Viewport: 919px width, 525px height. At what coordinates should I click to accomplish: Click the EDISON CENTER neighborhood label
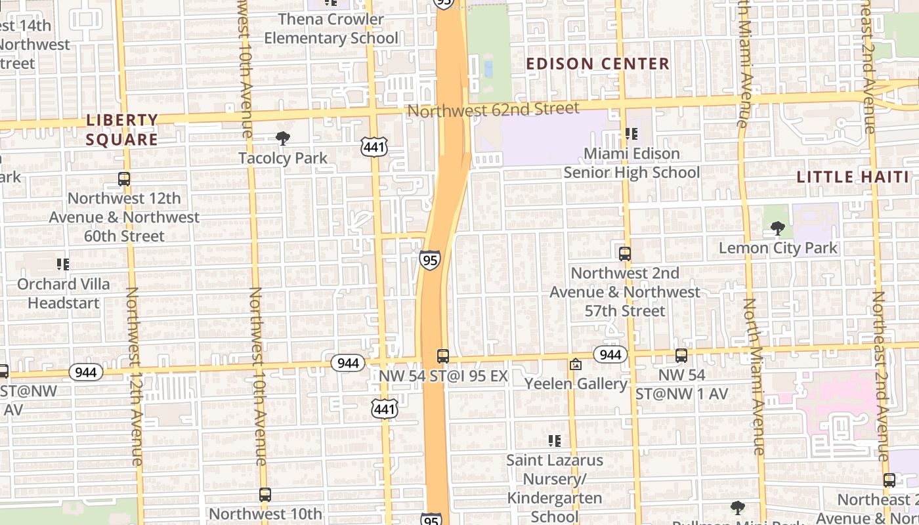tap(597, 64)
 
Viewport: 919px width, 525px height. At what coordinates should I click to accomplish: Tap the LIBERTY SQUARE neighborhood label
tap(122, 130)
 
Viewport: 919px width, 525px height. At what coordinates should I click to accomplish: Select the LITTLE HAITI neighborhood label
tap(853, 177)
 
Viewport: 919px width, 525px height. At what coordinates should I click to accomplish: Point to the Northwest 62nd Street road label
tap(494, 109)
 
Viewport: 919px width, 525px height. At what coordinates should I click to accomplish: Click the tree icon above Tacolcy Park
tap(283, 138)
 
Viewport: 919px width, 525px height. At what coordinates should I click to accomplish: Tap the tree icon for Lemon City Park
tap(778, 229)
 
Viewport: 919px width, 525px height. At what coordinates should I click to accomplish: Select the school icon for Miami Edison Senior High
tap(631, 135)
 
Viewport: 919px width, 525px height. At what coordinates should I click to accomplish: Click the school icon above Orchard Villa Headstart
tap(63, 264)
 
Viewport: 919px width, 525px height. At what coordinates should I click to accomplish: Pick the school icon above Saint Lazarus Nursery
tap(555, 441)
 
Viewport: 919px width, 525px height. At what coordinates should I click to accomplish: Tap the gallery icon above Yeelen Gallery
tap(576, 364)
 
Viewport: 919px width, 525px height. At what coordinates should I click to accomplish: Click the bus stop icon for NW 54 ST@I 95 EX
tap(443, 356)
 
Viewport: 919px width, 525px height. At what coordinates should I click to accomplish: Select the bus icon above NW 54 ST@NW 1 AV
tap(681, 356)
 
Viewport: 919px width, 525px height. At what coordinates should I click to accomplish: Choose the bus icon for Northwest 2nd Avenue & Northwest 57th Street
tap(625, 253)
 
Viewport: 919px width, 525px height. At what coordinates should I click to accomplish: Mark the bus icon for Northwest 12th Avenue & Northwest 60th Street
tap(124, 178)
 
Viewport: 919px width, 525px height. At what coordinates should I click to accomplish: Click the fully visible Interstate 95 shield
tap(430, 260)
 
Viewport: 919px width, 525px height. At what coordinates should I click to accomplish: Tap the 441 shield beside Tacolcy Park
tap(374, 148)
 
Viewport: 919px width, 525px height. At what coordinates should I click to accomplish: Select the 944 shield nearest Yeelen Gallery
tap(610, 355)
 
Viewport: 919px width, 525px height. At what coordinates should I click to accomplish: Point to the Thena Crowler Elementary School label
tap(331, 29)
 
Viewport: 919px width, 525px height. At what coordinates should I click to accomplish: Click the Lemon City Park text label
tap(778, 248)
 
